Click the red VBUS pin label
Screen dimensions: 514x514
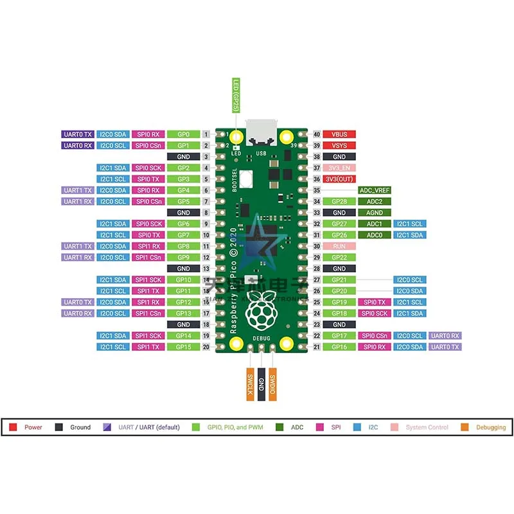pos(339,134)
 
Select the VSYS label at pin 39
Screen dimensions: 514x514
pos(339,146)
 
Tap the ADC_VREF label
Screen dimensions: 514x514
pos(375,190)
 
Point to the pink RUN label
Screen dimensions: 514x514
pos(339,246)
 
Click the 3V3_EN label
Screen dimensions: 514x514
pos(339,168)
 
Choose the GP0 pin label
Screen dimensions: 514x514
pos(183,134)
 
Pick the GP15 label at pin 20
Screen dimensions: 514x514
pos(183,347)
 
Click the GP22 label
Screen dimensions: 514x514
pos(339,257)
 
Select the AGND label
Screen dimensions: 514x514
pos(375,213)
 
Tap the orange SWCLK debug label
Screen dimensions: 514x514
pos(249,385)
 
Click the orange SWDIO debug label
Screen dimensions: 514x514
pos(273,385)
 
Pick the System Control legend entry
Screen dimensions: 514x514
pos(427,427)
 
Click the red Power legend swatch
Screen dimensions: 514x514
pos(13,427)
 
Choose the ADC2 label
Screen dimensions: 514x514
pos(375,202)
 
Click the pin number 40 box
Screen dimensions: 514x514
pos(317,134)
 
